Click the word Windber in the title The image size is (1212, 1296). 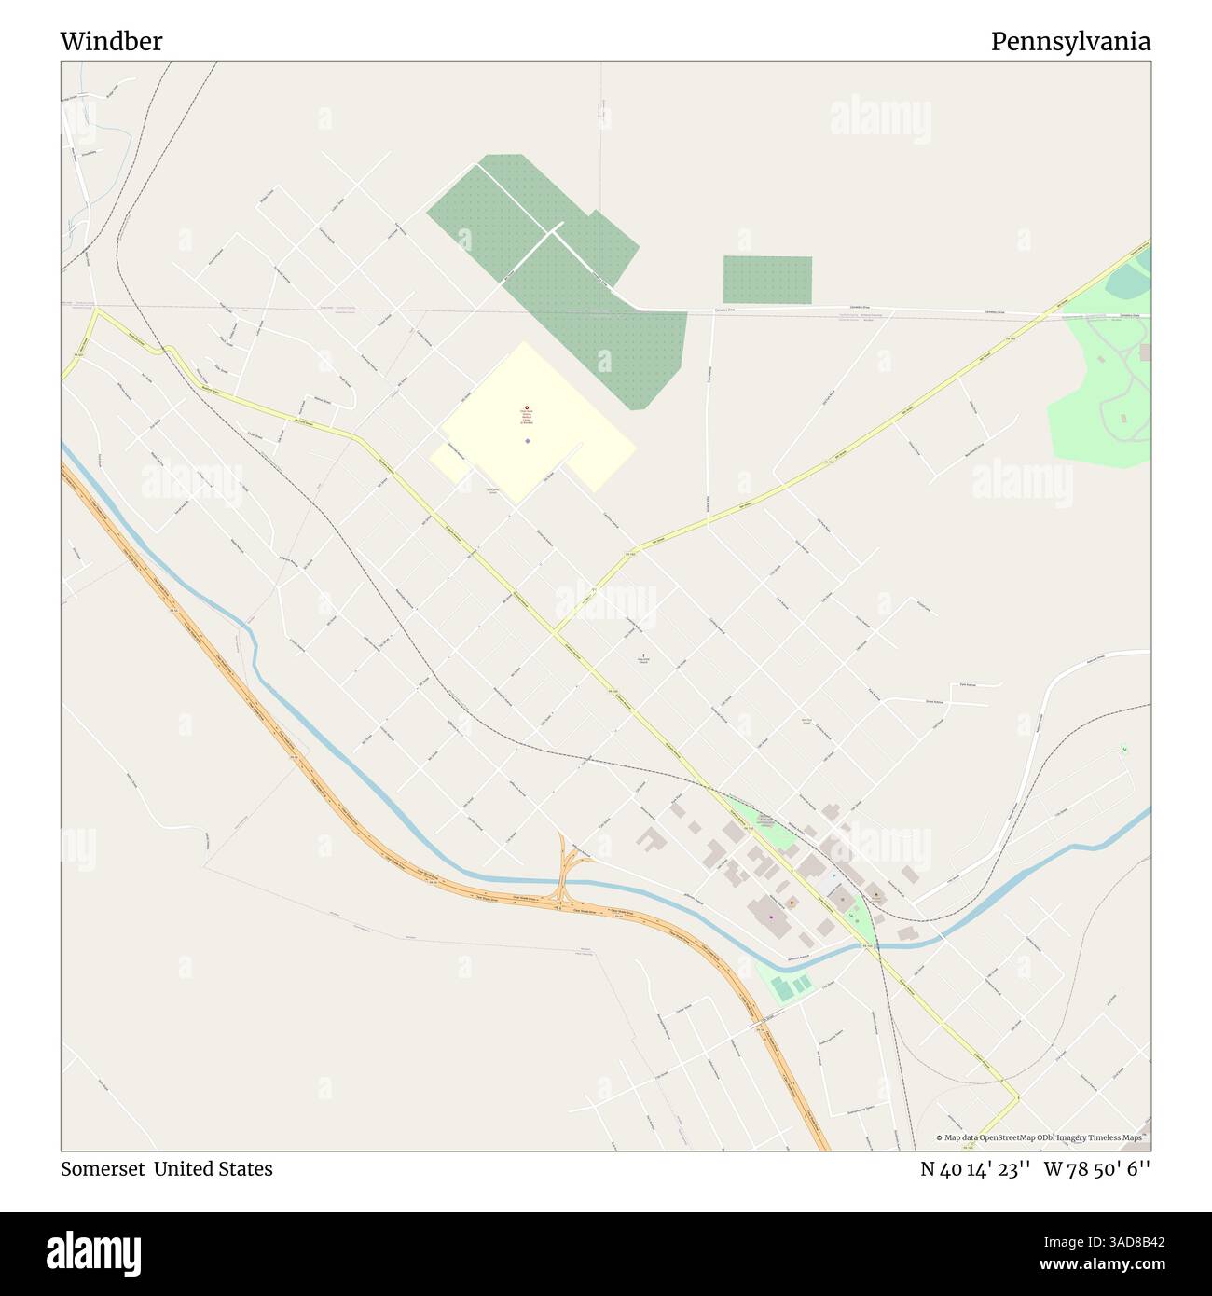(x=111, y=41)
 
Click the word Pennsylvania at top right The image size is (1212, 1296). (x=1069, y=41)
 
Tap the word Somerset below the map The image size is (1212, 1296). (x=102, y=1168)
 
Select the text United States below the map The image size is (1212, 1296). (x=213, y=1168)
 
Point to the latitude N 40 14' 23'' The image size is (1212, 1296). (x=974, y=1168)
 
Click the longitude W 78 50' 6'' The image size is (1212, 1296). (x=1096, y=1168)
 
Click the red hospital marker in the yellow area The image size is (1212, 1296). (x=527, y=408)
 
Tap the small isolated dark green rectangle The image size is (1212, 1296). (x=767, y=280)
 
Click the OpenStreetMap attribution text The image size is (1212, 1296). (x=1042, y=1137)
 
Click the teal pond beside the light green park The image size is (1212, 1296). (x=1133, y=278)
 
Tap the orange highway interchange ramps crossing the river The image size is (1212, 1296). (x=564, y=872)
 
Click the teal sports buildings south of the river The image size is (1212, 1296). (x=788, y=985)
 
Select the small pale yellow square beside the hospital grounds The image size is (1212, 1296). (x=448, y=462)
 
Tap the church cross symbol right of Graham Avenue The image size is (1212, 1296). (x=643, y=655)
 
